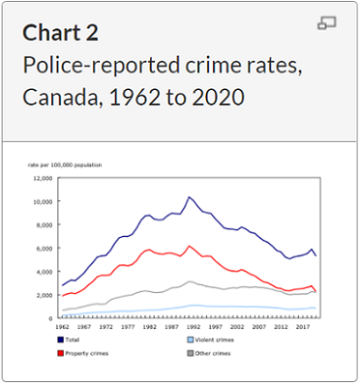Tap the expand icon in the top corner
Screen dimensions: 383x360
[326, 23]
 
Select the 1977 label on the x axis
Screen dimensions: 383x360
[127, 326]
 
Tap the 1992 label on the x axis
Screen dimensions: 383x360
[191, 326]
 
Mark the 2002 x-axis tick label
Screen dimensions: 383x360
[233, 326]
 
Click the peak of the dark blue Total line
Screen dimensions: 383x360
[190, 197]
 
